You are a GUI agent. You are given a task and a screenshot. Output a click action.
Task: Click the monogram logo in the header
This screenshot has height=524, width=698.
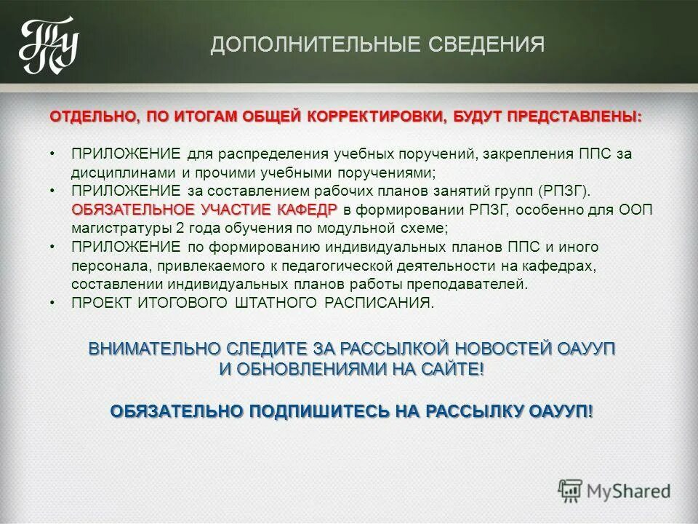tap(48, 45)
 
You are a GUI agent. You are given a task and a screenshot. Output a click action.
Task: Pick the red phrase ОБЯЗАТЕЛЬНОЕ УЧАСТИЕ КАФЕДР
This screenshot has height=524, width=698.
tap(204, 210)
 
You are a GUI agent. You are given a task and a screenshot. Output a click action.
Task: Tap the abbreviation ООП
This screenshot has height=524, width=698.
tap(635, 210)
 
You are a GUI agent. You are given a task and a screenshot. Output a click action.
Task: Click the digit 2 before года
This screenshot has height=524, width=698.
tap(178, 229)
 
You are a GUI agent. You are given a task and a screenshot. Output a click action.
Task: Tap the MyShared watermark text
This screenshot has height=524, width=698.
tap(629, 491)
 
